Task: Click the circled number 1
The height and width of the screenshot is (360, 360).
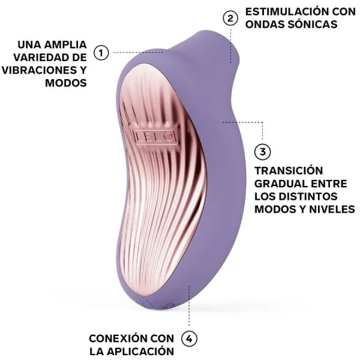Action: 101,53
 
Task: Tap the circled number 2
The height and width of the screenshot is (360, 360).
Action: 230,18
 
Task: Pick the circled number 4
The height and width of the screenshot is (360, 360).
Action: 189,339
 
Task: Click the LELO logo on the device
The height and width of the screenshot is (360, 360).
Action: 155,136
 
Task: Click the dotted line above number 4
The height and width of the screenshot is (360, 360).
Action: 189,309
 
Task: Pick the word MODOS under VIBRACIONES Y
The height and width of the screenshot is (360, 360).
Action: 65,83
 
